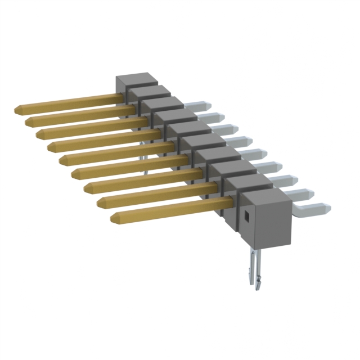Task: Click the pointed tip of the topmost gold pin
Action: (x=16, y=107)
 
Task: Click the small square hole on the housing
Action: (x=246, y=214)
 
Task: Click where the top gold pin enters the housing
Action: (x=120, y=97)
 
